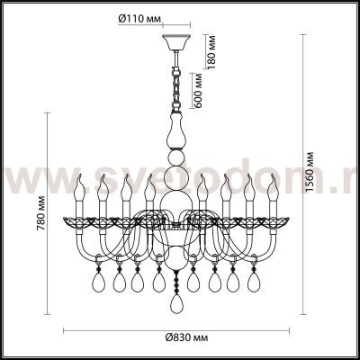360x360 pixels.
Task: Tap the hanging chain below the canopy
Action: [175, 81]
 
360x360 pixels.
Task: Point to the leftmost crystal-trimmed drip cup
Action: [76, 220]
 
